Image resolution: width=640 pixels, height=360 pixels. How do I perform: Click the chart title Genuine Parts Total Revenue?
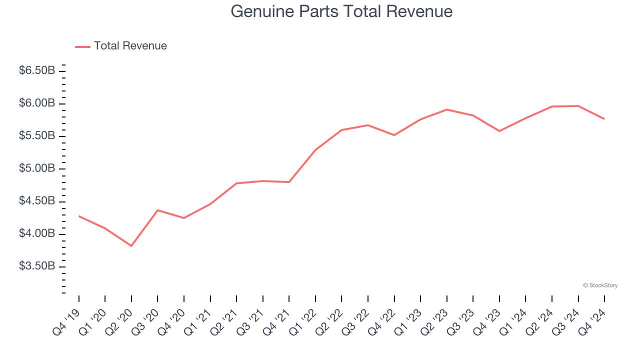coord(341,11)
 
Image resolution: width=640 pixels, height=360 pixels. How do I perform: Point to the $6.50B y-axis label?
coord(37,71)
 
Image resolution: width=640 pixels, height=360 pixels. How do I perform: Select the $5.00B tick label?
coord(37,168)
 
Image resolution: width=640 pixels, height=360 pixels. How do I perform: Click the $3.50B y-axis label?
coord(37,266)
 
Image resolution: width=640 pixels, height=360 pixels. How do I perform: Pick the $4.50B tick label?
coord(37,201)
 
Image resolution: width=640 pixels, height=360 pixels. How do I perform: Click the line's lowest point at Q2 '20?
coord(131,246)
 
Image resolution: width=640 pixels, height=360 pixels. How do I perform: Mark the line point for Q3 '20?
coord(158,210)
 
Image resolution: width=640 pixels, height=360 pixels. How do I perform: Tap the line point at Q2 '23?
coord(447,109)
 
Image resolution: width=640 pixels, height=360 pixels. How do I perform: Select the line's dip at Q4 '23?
coord(499,131)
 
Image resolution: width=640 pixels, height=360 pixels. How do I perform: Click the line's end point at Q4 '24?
coord(604,118)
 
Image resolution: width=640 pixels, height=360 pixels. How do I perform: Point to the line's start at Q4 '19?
coord(79,216)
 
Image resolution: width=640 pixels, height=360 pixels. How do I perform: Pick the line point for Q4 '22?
coord(394,135)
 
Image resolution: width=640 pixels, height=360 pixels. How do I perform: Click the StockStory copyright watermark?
coord(600,285)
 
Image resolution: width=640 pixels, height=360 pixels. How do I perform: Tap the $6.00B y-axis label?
coord(37,103)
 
